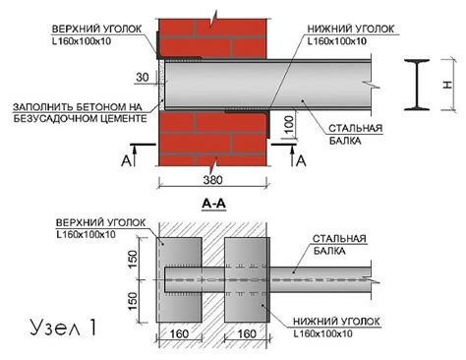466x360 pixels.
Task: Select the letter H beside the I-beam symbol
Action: [450, 85]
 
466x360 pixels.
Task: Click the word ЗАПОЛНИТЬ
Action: [36, 105]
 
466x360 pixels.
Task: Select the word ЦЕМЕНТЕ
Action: [120, 117]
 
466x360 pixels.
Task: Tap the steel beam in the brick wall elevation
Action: [295, 85]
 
